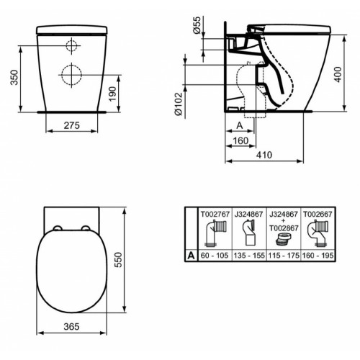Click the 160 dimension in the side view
(243, 140)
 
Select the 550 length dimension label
(129, 263)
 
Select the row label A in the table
(190, 255)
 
